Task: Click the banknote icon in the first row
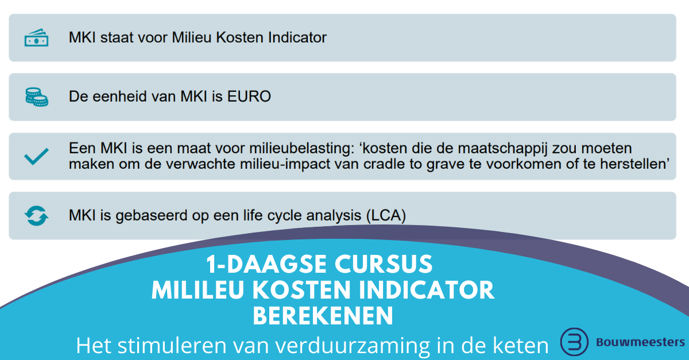click(36, 38)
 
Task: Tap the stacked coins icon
click(36, 97)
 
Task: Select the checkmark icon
click(36, 156)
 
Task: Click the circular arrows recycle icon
click(36, 216)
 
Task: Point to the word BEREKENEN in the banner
click(323, 316)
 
